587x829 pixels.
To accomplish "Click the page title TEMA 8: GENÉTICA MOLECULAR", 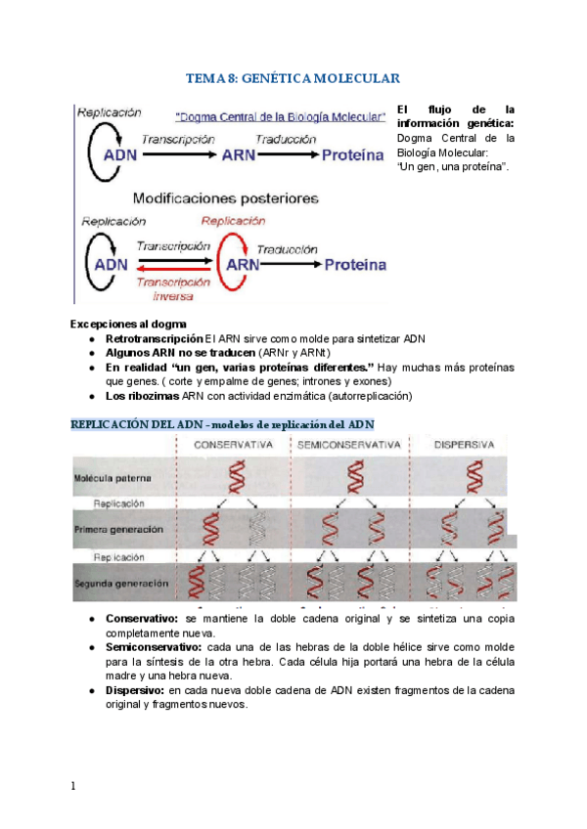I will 293,78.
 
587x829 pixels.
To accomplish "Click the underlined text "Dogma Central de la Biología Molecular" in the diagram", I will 281,116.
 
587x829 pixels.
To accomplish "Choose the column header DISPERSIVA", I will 466,445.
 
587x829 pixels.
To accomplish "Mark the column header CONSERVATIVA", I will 232,445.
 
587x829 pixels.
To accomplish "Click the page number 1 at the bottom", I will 73,786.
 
